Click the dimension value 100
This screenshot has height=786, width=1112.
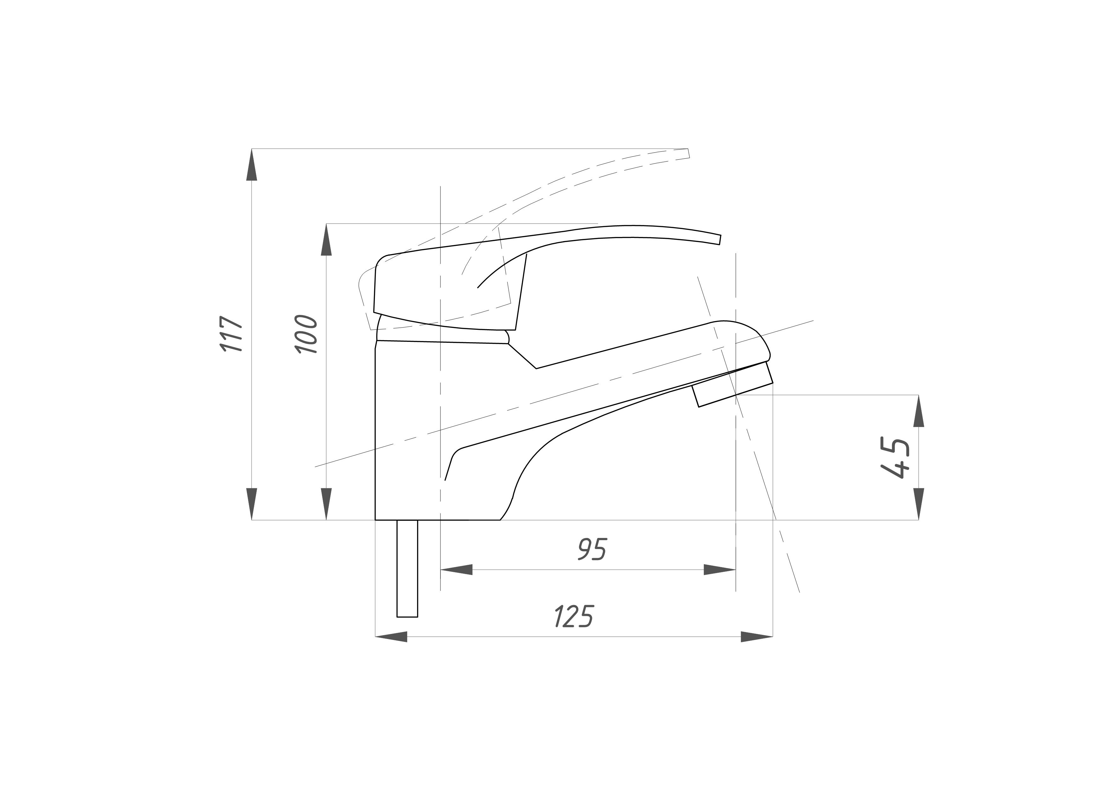pos(306,334)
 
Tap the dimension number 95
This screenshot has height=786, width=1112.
pos(592,549)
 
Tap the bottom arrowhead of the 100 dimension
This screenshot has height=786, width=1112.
pos(326,504)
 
